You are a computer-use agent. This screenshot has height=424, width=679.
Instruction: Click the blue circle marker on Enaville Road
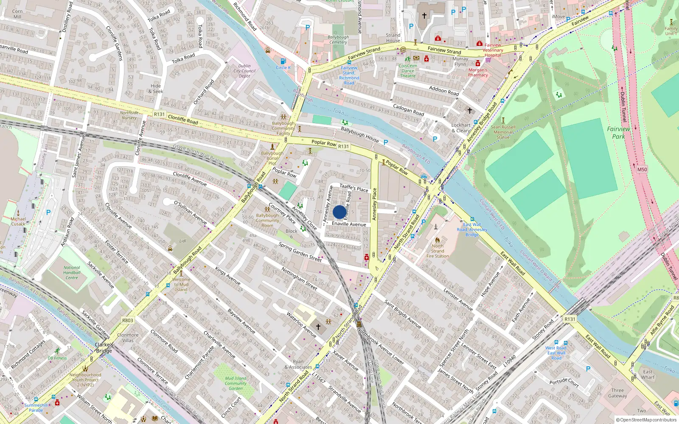[339, 212]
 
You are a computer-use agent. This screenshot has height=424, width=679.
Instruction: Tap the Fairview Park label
[618, 132]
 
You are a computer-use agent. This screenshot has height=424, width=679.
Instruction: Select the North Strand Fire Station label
[438, 251]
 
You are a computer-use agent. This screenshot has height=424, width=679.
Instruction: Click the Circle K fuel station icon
[283, 61]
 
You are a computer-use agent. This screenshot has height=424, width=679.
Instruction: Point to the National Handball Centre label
[72, 273]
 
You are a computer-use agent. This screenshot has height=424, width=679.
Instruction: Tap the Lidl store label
[182, 241]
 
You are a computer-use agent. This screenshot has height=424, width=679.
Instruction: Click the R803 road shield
[127, 321]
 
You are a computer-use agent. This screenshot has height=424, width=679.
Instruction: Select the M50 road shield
[642, 169]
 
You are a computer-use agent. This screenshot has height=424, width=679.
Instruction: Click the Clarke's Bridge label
[104, 348]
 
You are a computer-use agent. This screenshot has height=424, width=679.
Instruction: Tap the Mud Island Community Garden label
[236, 383]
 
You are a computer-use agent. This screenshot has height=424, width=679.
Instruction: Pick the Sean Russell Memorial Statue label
[503, 132]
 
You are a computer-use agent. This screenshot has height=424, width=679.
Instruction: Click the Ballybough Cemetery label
[338, 39]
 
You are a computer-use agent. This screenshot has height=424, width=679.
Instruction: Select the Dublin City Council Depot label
[244, 71]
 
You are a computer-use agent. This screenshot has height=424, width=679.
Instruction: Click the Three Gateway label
[617, 393]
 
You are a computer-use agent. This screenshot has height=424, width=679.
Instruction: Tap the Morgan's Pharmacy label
[478, 73]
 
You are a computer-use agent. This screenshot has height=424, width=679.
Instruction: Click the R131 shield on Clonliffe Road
[159, 114]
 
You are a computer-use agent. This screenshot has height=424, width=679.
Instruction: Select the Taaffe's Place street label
[354, 188]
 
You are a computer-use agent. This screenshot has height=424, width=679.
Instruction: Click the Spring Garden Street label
[300, 251]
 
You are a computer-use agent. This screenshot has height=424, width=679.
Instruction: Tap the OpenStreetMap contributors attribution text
[646, 420]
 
